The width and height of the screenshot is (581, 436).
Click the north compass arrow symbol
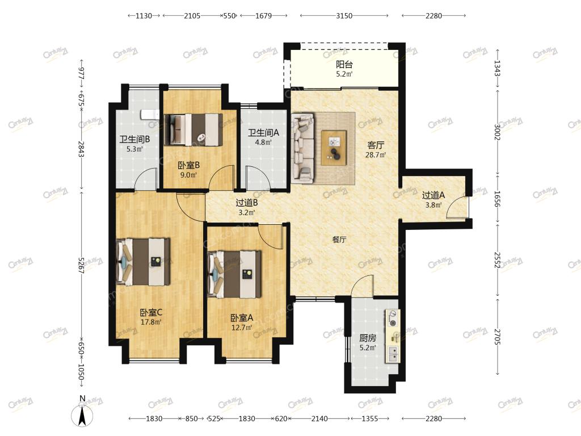(x=82, y=415)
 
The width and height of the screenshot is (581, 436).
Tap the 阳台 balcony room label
(x=344, y=64)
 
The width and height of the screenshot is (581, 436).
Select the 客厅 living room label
(x=376, y=145)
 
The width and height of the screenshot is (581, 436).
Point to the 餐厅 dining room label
(x=339, y=240)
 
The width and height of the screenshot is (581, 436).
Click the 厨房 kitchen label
(x=368, y=338)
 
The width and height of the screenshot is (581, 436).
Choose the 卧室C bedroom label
(x=151, y=313)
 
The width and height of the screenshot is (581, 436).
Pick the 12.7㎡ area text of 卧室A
(x=242, y=328)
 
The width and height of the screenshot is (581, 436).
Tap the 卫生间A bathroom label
(x=263, y=132)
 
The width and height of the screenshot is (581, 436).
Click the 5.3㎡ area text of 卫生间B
(x=134, y=149)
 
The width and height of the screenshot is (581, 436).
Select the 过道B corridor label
(x=247, y=203)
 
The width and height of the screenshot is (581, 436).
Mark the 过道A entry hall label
(x=433, y=195)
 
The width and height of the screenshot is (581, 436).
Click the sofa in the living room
(x=303, y=148)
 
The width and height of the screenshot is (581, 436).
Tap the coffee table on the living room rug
(x=334, y=148)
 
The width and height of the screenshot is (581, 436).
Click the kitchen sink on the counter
(x=393, y=354)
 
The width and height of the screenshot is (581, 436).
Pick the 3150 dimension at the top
(x=344, y=15)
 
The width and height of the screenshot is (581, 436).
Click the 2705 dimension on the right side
(x=497, y=337)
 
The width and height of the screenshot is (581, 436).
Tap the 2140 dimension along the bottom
(x=319, y=418)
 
